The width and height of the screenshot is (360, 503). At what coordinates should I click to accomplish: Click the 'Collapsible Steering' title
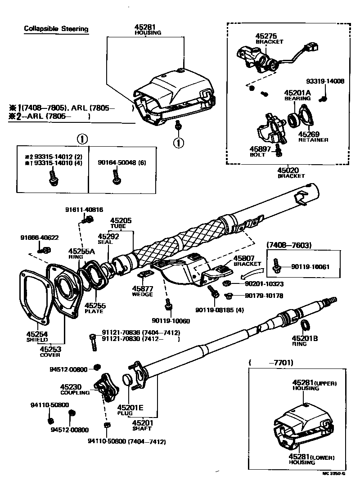[x=56, y=30]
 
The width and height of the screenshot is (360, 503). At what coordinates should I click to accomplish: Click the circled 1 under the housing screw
[x=179, y=143]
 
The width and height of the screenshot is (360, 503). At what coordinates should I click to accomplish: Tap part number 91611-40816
[x=84, y=210]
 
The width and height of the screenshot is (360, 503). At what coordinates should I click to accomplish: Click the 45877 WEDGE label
[x=142, y=291]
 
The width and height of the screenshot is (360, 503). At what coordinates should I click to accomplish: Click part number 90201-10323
[x=264, y=284]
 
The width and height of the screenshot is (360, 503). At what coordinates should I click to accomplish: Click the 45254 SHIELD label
[x=37, y=337]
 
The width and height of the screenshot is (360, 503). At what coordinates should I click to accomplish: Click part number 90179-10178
[x=264, y=296]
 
